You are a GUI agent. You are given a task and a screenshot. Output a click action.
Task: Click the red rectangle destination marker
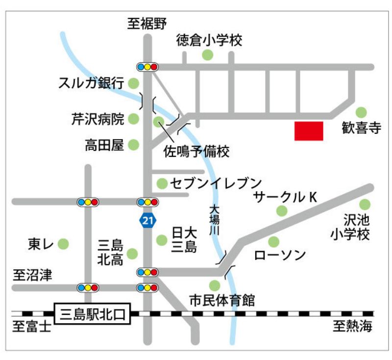tap(309, 131)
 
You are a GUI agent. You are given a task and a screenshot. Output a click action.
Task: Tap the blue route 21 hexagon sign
tap(147, 220)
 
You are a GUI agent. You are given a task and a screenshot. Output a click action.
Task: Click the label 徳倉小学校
tap(209, 41)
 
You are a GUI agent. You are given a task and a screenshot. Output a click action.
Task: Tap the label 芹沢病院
tap(98, 119)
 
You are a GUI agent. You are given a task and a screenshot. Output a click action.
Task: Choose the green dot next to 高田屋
tap(133, 145)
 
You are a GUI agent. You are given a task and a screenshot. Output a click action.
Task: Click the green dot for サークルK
tap(281, 211)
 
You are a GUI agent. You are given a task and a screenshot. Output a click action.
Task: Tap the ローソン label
tap(280, 255)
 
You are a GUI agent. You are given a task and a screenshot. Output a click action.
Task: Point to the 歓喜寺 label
tap(361, 129)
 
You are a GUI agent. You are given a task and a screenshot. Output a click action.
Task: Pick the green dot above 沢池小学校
tap(365, 204)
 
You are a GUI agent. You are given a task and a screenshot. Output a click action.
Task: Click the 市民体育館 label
tap(222, 300)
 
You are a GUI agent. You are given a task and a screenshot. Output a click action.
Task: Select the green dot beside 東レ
tap(63, 243)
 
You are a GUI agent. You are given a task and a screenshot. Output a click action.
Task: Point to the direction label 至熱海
tap(353, 326)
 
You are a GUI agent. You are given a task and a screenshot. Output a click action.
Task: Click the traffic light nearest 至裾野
tap(147, 67)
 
